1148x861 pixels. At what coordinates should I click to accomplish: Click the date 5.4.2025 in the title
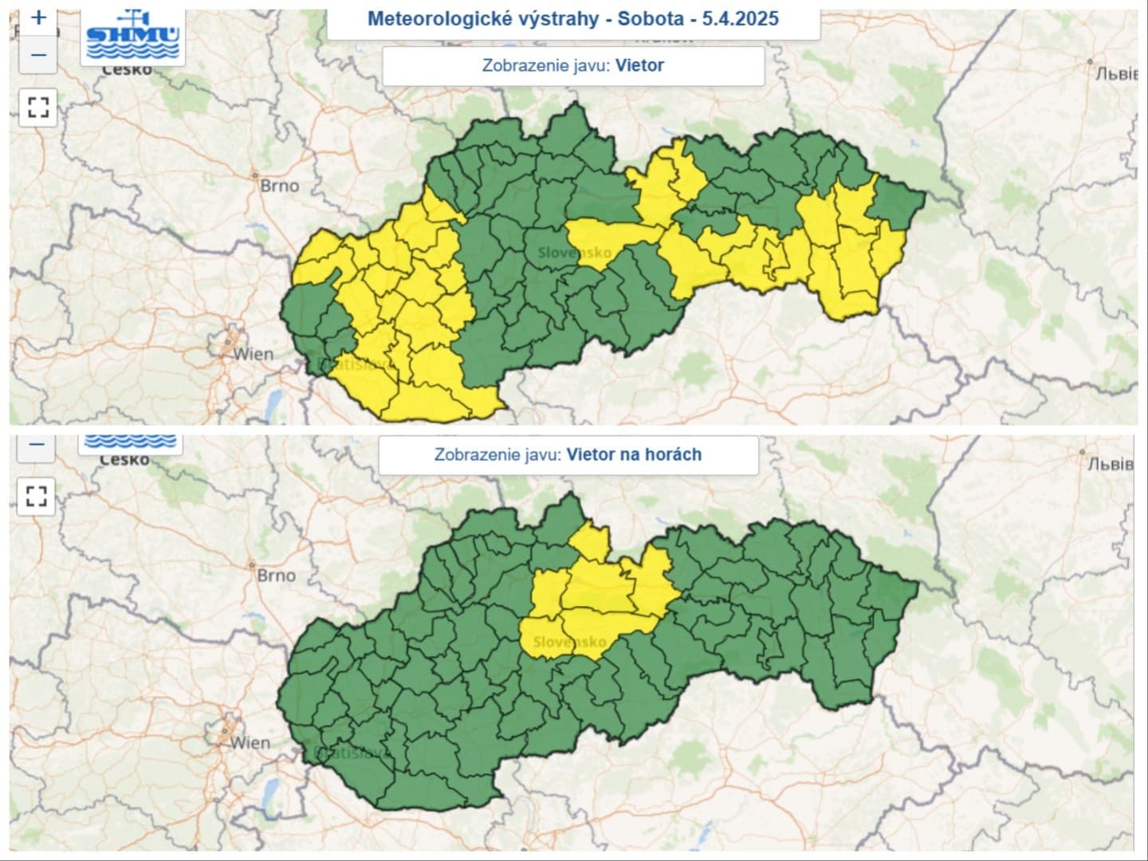click(x=741, y=18)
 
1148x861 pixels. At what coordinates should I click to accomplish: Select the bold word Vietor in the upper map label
click(x=639, y=65)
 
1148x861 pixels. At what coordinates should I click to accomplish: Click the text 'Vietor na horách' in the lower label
click(x=634, y=454)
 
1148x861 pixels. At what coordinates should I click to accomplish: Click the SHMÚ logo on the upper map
click(x=133, y=36)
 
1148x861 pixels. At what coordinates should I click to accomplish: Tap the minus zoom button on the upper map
click(x=37, y=55)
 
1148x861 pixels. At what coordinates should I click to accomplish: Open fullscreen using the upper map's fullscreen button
click(x=37, y=107)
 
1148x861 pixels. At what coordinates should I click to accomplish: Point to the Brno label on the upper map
click(x=279, y=186)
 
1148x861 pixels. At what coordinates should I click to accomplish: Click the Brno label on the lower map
click(x=276, y=575)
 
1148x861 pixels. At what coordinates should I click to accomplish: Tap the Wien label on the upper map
click(x=253, y=354)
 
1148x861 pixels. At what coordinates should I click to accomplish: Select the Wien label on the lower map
click(x=250, y=743)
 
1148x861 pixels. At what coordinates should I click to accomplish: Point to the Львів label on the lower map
click(x=1110, y=464)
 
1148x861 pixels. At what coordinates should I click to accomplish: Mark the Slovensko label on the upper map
click(x=574, y=253)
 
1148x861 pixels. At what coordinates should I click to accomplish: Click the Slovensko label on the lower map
click(x=569, y=642)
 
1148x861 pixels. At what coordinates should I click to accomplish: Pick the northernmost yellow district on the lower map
click(x=591, y=542)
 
